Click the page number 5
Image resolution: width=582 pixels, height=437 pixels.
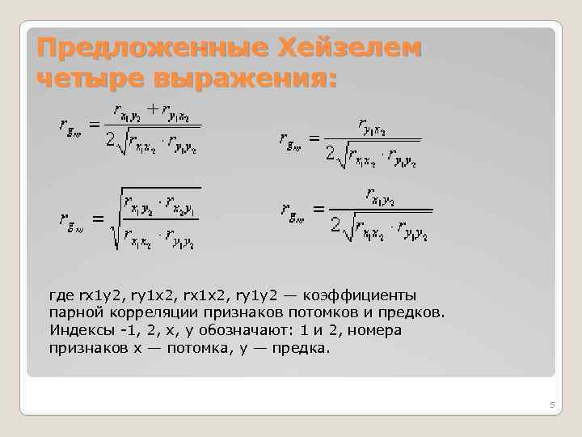click(x=551, y=404)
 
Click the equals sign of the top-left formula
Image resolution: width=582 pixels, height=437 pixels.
click(x=94, y=125)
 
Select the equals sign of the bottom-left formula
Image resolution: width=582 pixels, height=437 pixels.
click(x=98, y=218)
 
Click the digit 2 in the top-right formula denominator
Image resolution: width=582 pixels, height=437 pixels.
click(x=331, y=152)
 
